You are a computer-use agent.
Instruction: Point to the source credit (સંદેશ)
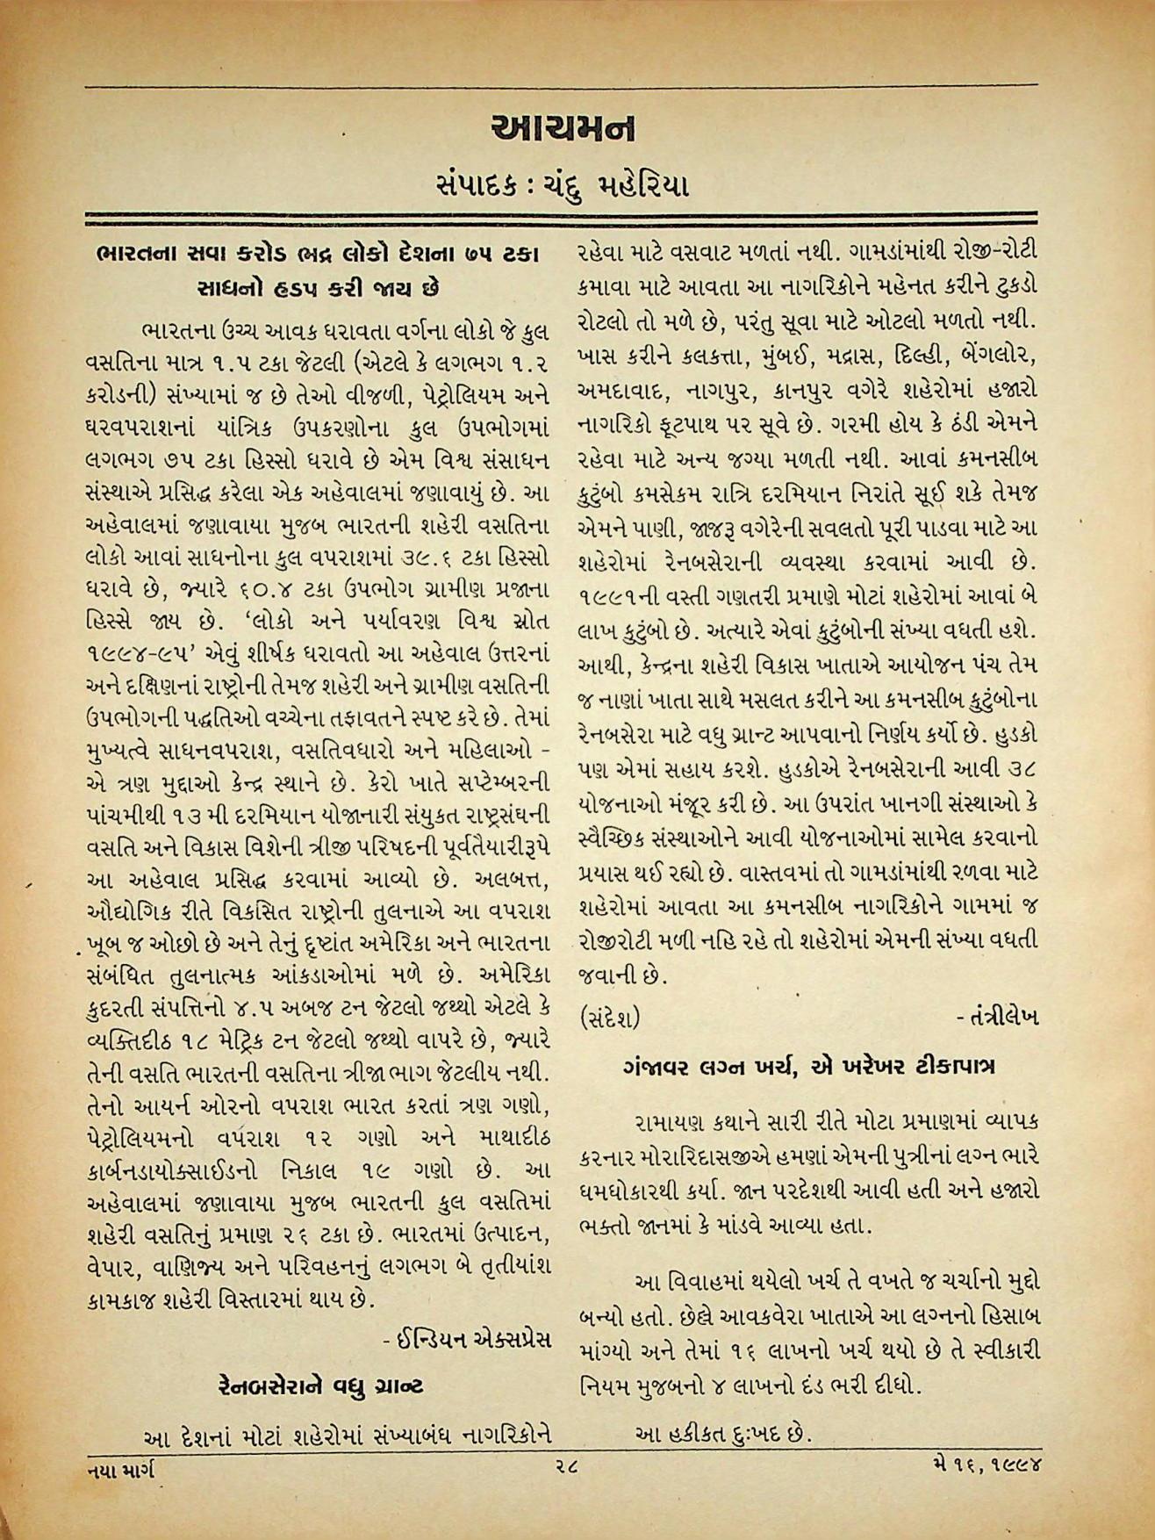coord(610,1018)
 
